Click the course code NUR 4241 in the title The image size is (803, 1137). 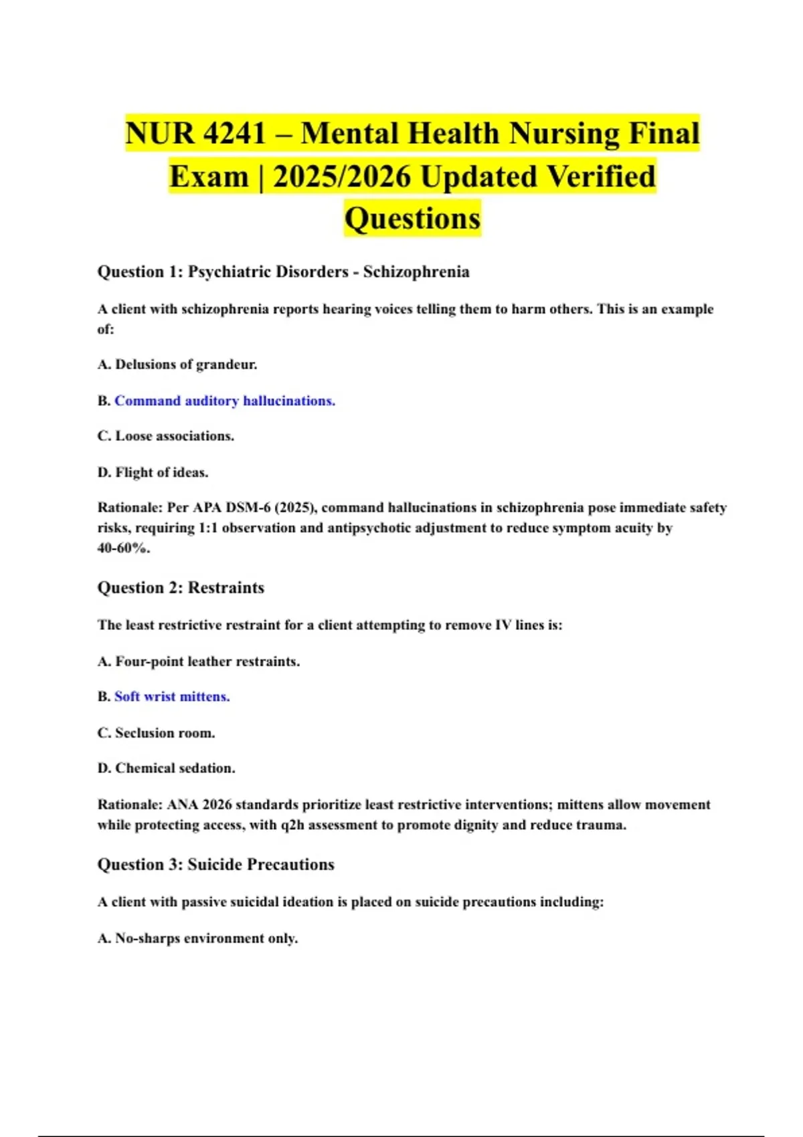[196, 134]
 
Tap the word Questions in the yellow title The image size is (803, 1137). [412, 219]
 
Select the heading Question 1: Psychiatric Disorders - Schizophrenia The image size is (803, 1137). [283, 272]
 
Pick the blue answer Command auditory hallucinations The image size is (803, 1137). [225, 401]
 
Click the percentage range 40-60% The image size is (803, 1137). [124, 548]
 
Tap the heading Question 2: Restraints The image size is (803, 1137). [181, 587]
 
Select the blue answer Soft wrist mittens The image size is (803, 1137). [172, 696]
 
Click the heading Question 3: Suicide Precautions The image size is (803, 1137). [215, 864]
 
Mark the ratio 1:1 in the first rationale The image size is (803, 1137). [208, 528]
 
